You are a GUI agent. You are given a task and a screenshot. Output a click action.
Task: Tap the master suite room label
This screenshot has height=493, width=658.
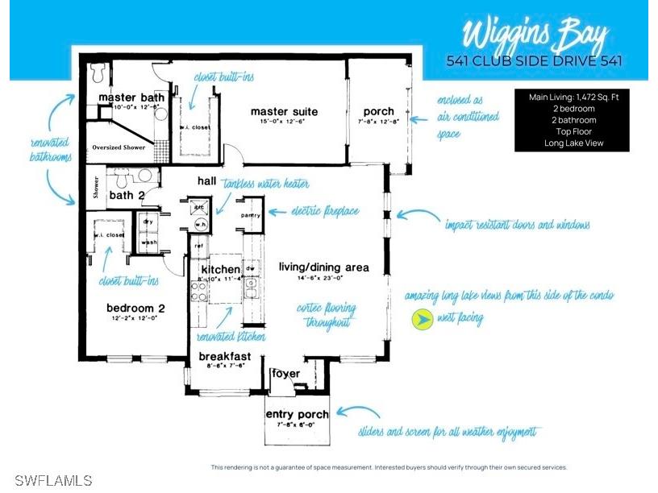tap(284, 111)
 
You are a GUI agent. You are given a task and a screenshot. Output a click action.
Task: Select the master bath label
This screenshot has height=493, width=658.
tap(131, 97)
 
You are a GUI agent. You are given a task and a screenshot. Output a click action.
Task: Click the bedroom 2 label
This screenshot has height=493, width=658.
tap(135, 307)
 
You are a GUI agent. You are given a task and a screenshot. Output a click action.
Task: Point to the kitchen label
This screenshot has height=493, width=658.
tap(220, 269)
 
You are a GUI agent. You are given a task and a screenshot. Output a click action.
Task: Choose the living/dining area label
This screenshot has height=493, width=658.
tap(323, 267)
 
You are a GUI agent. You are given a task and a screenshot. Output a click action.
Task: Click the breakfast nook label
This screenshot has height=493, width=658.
tap(225, 356)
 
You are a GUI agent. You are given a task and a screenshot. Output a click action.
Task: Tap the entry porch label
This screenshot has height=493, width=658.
tap(297, 415)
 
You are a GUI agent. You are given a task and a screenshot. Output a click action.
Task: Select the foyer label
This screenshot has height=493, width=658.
tap(285, 373)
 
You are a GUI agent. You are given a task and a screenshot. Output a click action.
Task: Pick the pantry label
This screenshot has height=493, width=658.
tap(250, 216)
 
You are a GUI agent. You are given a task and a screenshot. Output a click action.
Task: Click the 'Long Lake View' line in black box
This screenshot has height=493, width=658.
tap(573, 143)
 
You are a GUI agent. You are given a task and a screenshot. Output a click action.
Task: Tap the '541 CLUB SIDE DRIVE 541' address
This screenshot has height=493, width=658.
tap(535, 61)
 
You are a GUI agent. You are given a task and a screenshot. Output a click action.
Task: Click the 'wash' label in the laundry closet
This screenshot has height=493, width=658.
tap(148, 242)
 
